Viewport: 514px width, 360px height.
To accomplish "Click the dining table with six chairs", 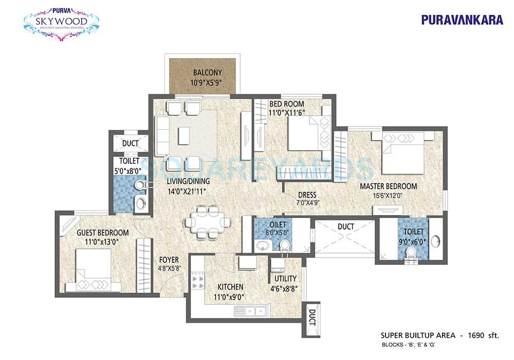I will click(207, 222).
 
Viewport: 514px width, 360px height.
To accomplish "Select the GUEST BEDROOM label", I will click(102, 232).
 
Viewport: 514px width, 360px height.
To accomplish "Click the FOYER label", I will click(168, 259).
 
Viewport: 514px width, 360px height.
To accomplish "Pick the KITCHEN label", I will click(230, 286).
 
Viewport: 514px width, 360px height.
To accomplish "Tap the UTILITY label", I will click(285, 278).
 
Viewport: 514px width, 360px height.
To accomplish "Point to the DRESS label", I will click(307, 195).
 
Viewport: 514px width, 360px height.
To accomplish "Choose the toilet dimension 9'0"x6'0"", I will click(414, 240).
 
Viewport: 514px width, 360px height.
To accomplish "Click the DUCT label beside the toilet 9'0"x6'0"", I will click(345, 226).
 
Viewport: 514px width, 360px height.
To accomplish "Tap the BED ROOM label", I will click(286, 104).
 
